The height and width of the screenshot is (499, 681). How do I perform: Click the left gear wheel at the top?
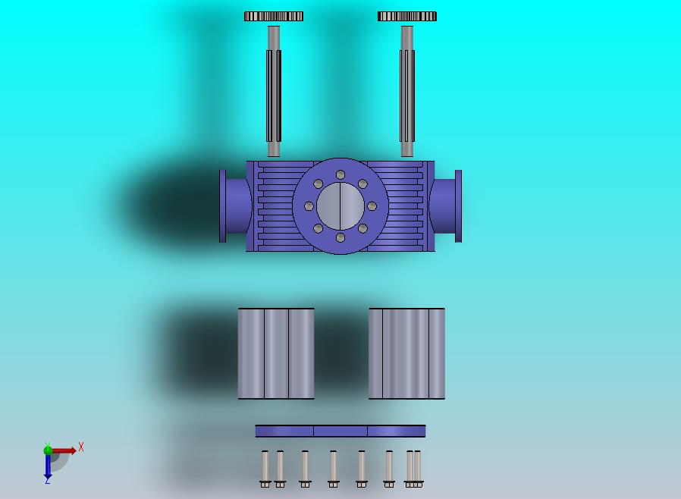click(x=274, y=17)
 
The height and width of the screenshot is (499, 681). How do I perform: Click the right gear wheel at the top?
click(x=407, y=17)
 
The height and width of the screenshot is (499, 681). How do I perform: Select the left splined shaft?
click(x=274, y=91)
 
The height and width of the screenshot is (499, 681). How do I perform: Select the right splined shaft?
click(x=407, y=91)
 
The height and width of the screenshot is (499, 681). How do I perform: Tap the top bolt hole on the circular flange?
click(x=340, y=174)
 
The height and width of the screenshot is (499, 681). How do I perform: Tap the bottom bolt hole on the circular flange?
click(x=340, y=237)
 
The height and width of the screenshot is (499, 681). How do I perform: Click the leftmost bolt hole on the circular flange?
click(x=309, y=206)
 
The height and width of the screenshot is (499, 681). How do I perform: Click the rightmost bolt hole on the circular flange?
click(x=372, y=206)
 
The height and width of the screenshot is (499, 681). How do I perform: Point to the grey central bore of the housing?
click(x=340, y=206)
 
